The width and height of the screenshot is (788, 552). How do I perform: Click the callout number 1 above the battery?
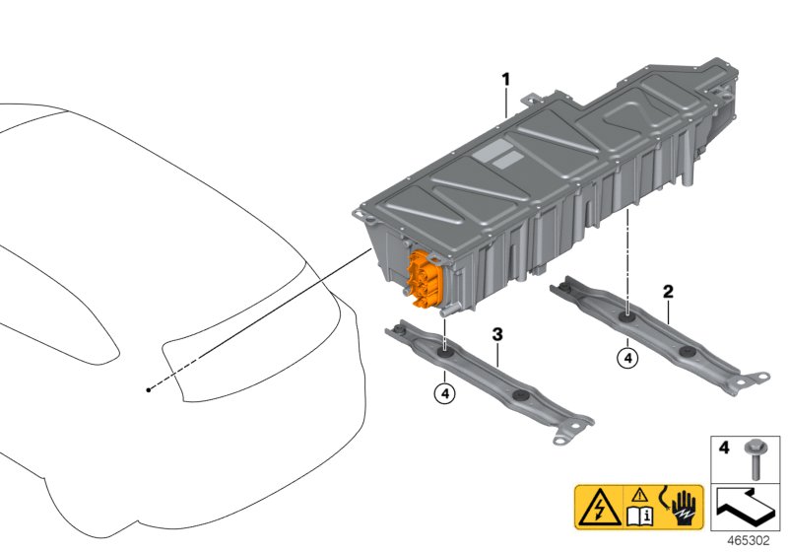506,80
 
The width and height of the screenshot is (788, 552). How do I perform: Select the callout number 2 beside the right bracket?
668,292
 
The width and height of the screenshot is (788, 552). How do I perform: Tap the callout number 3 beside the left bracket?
497,334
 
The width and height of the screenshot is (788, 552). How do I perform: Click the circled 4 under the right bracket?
627,359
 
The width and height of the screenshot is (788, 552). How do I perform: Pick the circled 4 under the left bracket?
445,393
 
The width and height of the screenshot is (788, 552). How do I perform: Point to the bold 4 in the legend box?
724,448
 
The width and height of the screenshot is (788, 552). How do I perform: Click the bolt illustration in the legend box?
754,459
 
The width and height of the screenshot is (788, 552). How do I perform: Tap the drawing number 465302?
749,541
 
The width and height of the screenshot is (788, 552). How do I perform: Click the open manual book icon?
639,516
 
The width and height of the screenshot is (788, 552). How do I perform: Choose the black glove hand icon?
682,508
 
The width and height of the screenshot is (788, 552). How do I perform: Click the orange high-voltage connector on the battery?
425,280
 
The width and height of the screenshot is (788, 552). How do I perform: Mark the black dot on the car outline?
149,389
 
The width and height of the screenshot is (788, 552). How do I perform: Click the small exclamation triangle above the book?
639,495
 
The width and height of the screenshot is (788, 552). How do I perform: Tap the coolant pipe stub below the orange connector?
448,311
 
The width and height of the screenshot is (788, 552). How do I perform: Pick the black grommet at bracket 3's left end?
400,330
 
